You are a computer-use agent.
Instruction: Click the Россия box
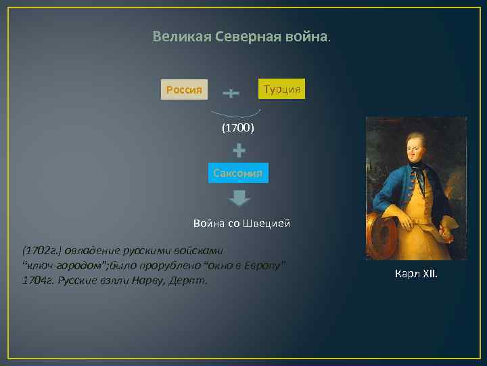pyautogui.click(x=184, y=89)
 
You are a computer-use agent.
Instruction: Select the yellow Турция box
pyautogui.click(x=282, y=89)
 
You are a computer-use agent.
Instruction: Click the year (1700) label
pyautogui.click(x=237, y=127)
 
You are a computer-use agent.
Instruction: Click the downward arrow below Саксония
pyautogui.click(x=239, y=199)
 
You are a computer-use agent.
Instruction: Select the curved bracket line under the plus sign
pyautogui.click(x=233, y=115)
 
